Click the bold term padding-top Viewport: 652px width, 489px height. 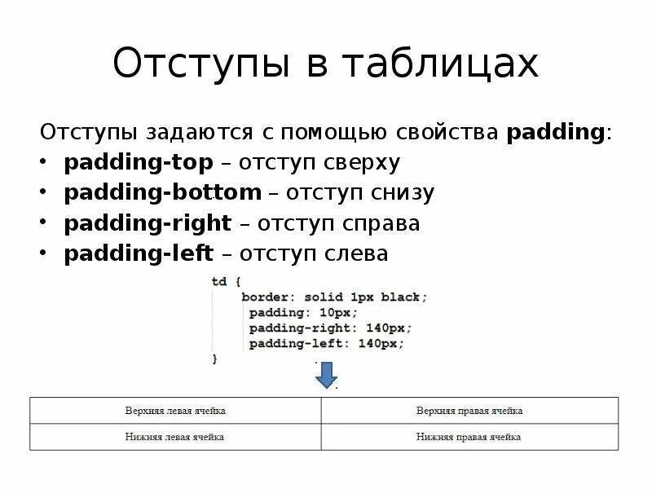pos(139,162)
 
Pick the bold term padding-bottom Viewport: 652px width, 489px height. pos(163,192)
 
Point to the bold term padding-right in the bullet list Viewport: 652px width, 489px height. pos(148,223)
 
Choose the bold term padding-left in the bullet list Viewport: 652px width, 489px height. pos(139,253)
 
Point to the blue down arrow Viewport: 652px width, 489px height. pos(326,376)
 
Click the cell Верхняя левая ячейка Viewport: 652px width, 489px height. pos(175,411)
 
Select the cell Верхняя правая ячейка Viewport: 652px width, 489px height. pos(469,411)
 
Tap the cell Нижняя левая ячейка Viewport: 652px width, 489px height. pos(175,437)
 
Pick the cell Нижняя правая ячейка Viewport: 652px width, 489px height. pos(469,437)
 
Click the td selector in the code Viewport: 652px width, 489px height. pos(218,281)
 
